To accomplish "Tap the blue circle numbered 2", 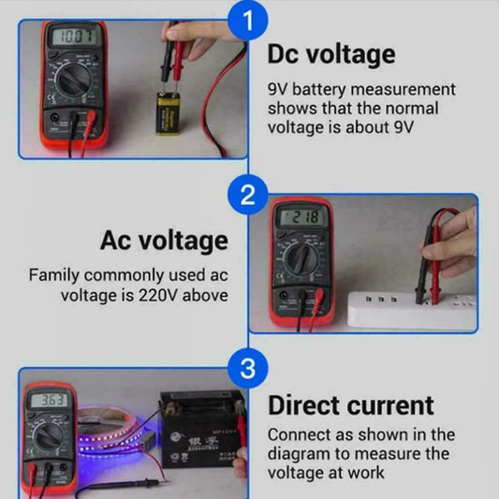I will click(247, 196).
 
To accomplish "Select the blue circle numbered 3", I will click(247, 368).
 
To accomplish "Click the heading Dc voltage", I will click(330, 55).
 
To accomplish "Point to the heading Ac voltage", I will click(164, 241).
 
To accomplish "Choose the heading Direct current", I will click(351, 405).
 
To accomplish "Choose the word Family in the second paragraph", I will click(54, 275).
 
